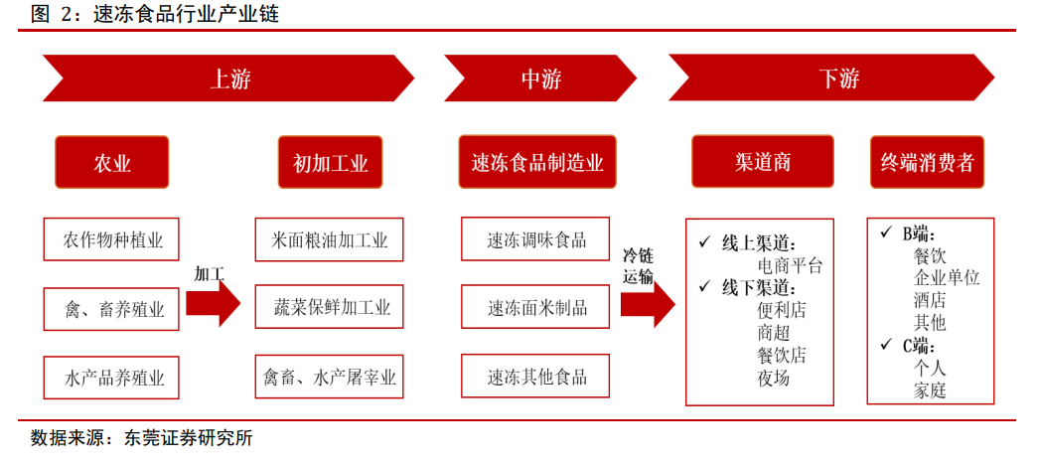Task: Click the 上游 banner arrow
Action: (228, 78)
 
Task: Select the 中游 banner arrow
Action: (540, 78)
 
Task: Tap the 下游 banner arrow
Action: (831, 78)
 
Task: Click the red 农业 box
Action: (112, 162)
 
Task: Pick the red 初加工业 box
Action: (331, 162)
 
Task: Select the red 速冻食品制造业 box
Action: (537, 162)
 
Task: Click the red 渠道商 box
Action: (763, 162)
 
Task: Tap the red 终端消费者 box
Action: (927, 162)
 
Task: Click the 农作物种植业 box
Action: (111, 238)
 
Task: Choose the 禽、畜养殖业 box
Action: (111, 308)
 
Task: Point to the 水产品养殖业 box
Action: (111, 378)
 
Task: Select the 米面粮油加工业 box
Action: (329, 238)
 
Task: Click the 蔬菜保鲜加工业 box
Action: (329, 306)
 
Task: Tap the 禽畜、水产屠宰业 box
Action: (329, 377)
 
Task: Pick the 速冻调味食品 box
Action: (535, 238)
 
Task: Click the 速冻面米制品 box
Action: (535, 306)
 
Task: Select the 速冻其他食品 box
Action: (535, 377)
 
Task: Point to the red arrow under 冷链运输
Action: (648, 304)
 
